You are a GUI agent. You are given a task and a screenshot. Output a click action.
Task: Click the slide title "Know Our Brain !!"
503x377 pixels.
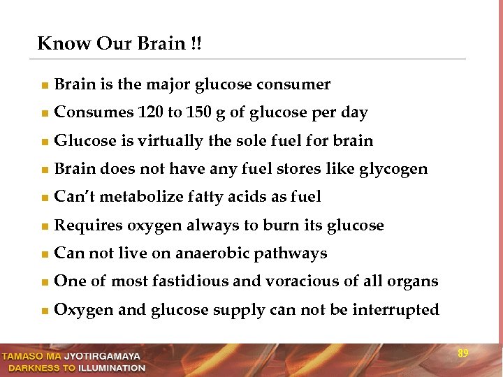[x=119, y=43]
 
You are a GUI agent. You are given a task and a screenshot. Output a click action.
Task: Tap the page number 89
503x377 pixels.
[x=462, y=354]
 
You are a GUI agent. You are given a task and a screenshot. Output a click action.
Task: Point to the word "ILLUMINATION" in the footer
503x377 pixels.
[x=112, y=368]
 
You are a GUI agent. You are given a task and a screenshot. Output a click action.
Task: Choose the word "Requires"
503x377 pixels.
[x=84, y=226]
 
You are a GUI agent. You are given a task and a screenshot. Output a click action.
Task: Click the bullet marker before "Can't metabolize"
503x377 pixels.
[x=44, y=198]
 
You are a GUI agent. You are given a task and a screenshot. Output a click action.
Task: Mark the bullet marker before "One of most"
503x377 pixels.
[x=44, y=283]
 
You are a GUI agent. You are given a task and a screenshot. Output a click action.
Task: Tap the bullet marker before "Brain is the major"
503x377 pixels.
[x=44, y=86]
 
